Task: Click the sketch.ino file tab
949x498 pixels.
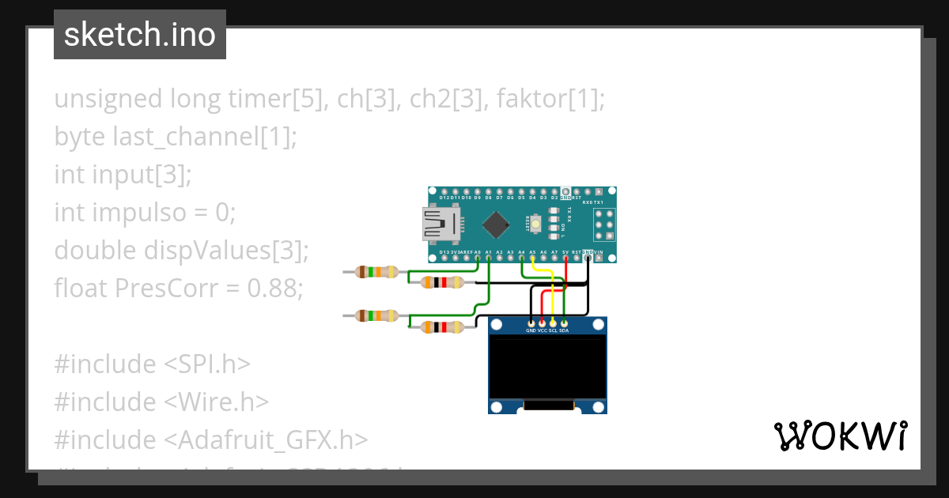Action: [140, 35]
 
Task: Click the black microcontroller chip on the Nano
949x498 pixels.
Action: [496, 224]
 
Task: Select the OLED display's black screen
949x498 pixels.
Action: [547, 365]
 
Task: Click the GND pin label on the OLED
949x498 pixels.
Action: [531, 330]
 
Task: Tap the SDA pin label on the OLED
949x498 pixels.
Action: [564, 330]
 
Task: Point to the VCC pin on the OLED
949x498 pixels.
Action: [542, 323]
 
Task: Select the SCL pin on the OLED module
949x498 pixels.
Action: [553, 323]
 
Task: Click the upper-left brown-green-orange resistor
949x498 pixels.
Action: [376, 272]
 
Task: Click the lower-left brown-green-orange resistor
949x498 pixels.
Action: [376, 315]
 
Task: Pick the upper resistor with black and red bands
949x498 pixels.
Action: [442, 282]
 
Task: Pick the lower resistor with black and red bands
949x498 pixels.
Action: [442, 326]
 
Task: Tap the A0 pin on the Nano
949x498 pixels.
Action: [477, 257]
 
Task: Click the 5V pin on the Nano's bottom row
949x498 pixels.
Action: [565, 257]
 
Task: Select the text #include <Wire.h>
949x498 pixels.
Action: [161, 402]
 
